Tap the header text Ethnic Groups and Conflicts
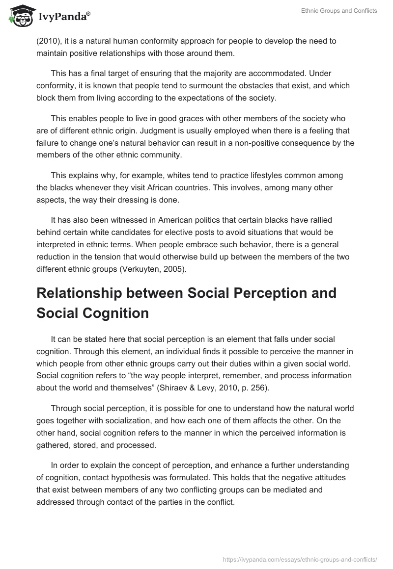[x=339, y=11]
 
